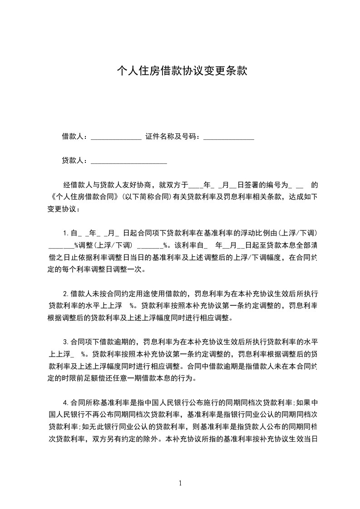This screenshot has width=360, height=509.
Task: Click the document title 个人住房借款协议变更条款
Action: [182, 71]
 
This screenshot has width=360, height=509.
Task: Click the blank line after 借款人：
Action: [116, 137]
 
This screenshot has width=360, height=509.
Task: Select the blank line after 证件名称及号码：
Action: [228, 137]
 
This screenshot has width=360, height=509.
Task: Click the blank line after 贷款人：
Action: [129, 162]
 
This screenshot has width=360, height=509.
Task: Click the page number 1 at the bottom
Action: [180, 483]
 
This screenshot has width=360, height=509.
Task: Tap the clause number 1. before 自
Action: [66, 234]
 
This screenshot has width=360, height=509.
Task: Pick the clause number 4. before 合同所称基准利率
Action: [66, 402]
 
